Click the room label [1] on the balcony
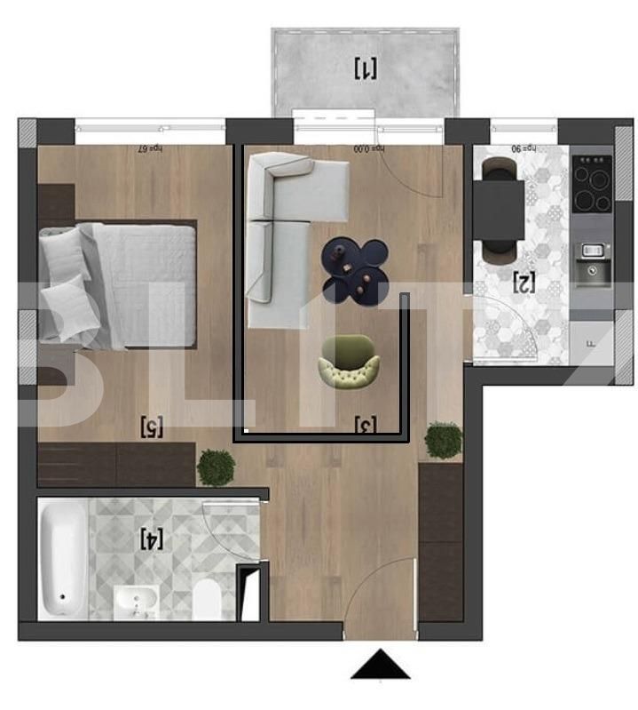click(366, 68)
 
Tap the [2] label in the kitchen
click(524, 283)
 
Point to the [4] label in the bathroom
click(153, 538)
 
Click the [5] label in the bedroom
click(153, 427)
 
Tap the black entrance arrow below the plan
click(381, 665)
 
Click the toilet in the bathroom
click(207, 598)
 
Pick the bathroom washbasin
click(135, 602)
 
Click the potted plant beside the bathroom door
click(216, 467)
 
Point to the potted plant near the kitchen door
click(443, 440)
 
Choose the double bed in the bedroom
click(120, 284)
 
